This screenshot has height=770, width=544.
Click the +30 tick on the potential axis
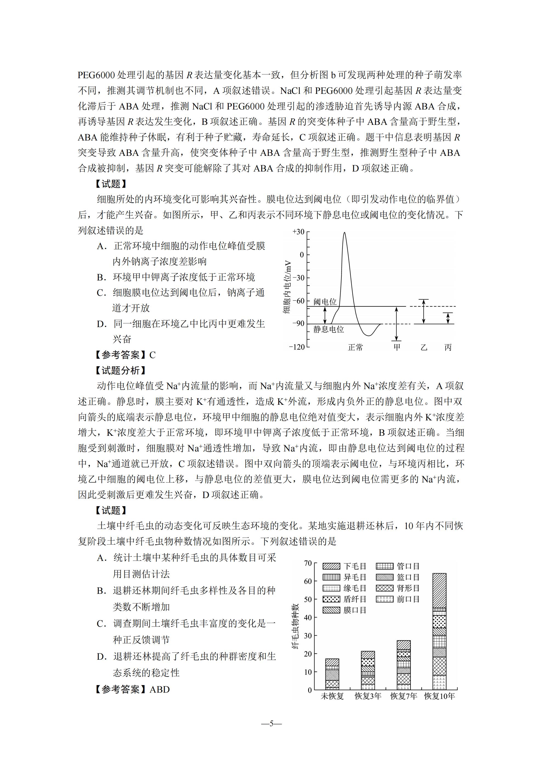click(299, 232)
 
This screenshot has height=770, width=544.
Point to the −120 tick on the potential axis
click(297, 347)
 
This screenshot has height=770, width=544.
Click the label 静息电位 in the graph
click(328, 329)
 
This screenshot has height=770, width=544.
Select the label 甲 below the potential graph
click(397, 347)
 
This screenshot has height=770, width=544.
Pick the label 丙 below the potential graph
click(448, 347)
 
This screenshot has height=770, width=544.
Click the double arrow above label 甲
click(396, 324)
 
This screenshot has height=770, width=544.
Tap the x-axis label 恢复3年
click(368, 696)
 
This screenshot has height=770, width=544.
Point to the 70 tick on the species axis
click(308, 563)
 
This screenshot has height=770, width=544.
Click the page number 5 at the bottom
click(271, 723)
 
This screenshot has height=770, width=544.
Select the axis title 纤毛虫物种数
click(295, 626)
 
